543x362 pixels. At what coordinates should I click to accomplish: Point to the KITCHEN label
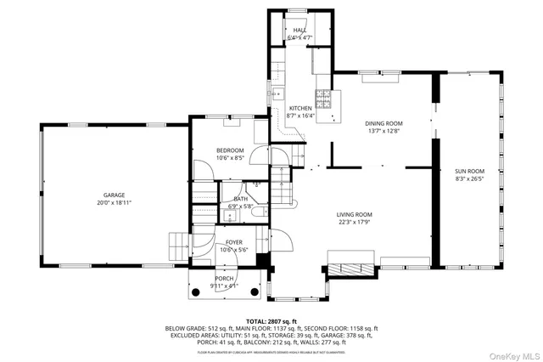(x=300, y=109)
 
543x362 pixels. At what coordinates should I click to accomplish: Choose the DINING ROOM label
(x=383, y=123)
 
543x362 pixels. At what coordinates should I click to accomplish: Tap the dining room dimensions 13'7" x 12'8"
(x=383, y=132)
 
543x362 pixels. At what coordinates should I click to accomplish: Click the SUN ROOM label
(x=468, y=171)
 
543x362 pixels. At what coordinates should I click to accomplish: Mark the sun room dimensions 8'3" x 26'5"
(x=468, y=179)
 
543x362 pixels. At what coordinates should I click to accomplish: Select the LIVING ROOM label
(x=354, y=215)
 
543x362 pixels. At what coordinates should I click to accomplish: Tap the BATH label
(x=241, y=199)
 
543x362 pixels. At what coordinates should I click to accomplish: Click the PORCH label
(x=224, y=278)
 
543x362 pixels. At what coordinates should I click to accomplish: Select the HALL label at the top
(x=299, y=30)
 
